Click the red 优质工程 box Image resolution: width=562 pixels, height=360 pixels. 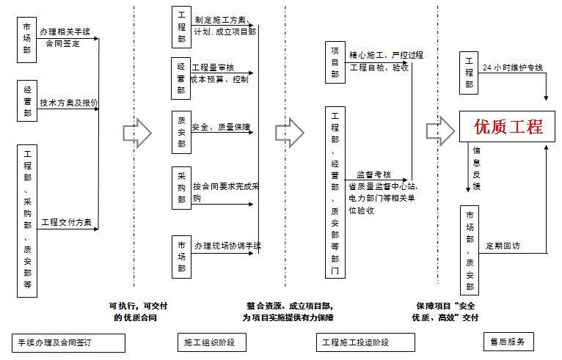point(502,127)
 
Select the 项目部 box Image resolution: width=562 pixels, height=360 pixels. point(335,62)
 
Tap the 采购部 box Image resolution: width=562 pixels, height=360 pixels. point(181,188)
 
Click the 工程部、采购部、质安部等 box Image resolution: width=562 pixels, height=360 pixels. point(28,220)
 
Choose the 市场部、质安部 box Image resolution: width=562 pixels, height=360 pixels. point(470,249)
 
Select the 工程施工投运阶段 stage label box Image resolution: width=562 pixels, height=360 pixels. point(356,342)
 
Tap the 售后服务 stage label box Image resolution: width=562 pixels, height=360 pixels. point(508,342)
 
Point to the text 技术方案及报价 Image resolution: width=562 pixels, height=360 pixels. point(69,103)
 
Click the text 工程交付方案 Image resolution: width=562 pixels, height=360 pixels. point(66,221)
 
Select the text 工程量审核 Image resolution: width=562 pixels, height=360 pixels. point(213,67)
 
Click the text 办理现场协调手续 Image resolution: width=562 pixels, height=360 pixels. point(227,245)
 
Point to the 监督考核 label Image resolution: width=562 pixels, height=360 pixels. point(374,175)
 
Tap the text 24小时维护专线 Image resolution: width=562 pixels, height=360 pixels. point(513,67)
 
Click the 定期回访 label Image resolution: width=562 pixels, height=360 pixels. point(503,247)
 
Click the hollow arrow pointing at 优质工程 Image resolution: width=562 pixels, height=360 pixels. point(439,131)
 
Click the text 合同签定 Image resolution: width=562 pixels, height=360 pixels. point(63,43)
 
